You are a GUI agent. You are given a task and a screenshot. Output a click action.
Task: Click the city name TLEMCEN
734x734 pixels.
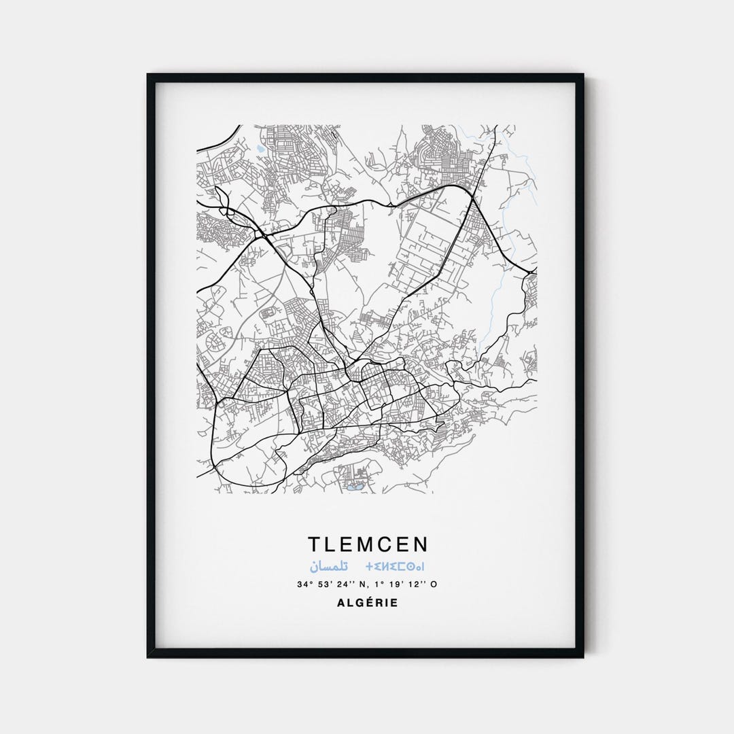pyautogui.click(x=369, y=544)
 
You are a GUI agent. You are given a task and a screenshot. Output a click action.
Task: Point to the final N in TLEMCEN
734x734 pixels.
pyautogui.click(x=421, y=544)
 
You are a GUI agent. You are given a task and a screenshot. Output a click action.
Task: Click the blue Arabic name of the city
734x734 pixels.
pyautogui.click(x=329, y=566)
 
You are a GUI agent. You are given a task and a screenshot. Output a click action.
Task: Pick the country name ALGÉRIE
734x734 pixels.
pyautogui.click(x=367, y=602)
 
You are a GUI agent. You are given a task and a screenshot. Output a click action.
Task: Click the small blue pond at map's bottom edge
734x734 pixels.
pyautogui.click(x=352, y=487)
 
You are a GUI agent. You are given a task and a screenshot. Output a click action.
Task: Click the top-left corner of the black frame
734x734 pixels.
pyautogui.click(x=149, y=75)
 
